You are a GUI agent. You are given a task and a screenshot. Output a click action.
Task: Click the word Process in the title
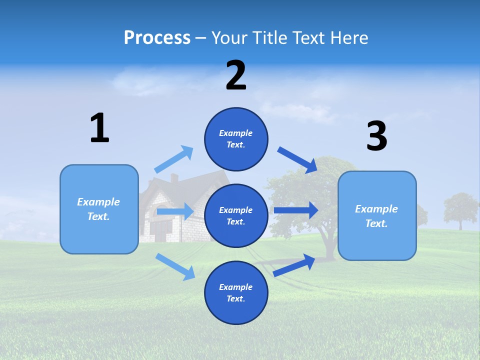157,38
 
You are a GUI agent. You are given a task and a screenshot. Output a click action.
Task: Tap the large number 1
99,128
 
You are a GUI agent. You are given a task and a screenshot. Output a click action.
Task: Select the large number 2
236,75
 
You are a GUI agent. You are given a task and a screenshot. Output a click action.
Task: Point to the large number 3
376,136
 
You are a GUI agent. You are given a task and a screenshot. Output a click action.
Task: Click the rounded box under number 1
99,209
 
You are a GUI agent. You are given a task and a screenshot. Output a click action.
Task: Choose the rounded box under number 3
377,215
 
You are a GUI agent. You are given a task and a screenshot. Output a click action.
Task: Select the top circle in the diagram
236,139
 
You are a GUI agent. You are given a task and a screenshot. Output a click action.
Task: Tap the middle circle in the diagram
236,215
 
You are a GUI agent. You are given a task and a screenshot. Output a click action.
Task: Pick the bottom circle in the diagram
236,292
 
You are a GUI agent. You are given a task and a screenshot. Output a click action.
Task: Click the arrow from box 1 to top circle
174,159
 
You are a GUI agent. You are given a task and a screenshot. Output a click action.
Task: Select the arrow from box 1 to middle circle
175,211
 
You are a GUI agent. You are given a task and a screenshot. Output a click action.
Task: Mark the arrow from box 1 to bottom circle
175,266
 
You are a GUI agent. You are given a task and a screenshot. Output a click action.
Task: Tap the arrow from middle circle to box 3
296,210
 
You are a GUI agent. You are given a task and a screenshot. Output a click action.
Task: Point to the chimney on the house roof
174,178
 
